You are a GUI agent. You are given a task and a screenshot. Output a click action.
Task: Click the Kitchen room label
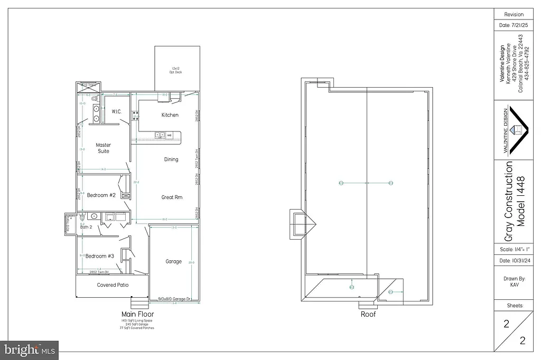coord(170,115)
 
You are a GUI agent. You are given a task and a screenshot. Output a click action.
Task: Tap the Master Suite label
coord(104,148)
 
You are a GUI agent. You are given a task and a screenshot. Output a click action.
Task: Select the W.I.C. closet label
coord(117,111)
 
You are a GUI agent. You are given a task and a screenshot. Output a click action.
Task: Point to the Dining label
coord(171,159)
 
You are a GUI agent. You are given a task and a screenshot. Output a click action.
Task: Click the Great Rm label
coord(172,197)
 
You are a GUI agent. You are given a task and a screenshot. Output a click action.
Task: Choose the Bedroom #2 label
coord(101,195)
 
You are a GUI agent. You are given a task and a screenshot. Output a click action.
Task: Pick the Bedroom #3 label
coord(100,256)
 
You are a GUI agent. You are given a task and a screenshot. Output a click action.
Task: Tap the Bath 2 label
coord(87,227)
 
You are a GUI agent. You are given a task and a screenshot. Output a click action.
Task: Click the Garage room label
coord(173,261)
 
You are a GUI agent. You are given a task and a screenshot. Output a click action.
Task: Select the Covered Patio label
coord(113,285)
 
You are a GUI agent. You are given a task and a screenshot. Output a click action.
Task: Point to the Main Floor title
coord(137,314)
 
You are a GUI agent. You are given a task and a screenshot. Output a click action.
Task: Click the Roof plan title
coord(368,314)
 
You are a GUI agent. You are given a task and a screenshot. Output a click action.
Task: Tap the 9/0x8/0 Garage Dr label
coord(174,300)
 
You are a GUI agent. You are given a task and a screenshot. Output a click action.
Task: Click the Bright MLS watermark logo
coord(30,349)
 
